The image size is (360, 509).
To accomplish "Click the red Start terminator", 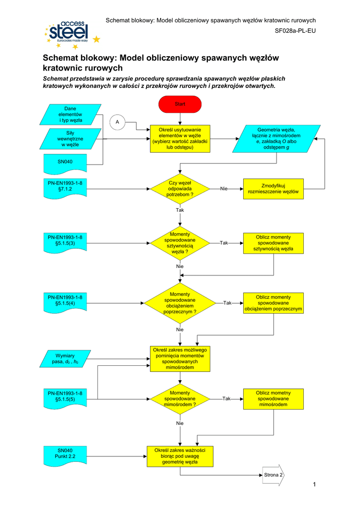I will click(180, 104).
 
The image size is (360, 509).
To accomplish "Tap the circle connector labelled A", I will click(118, 122).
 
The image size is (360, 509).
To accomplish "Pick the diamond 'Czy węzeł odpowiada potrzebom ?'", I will click(180, 189).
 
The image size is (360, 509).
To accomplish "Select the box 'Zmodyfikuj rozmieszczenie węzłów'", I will click(273, 189).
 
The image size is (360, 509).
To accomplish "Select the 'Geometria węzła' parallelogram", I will click(275, 139).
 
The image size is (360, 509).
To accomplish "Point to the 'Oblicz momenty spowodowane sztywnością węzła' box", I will click(273, 243).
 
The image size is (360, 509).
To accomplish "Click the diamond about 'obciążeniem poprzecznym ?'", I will click(180, 303).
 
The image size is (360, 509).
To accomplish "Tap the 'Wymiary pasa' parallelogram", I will click(65, 358).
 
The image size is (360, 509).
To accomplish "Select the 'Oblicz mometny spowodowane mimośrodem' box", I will click(273, 399).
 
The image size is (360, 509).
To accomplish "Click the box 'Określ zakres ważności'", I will click(180, 456).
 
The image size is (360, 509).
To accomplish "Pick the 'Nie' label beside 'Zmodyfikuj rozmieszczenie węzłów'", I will click(224, 189).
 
